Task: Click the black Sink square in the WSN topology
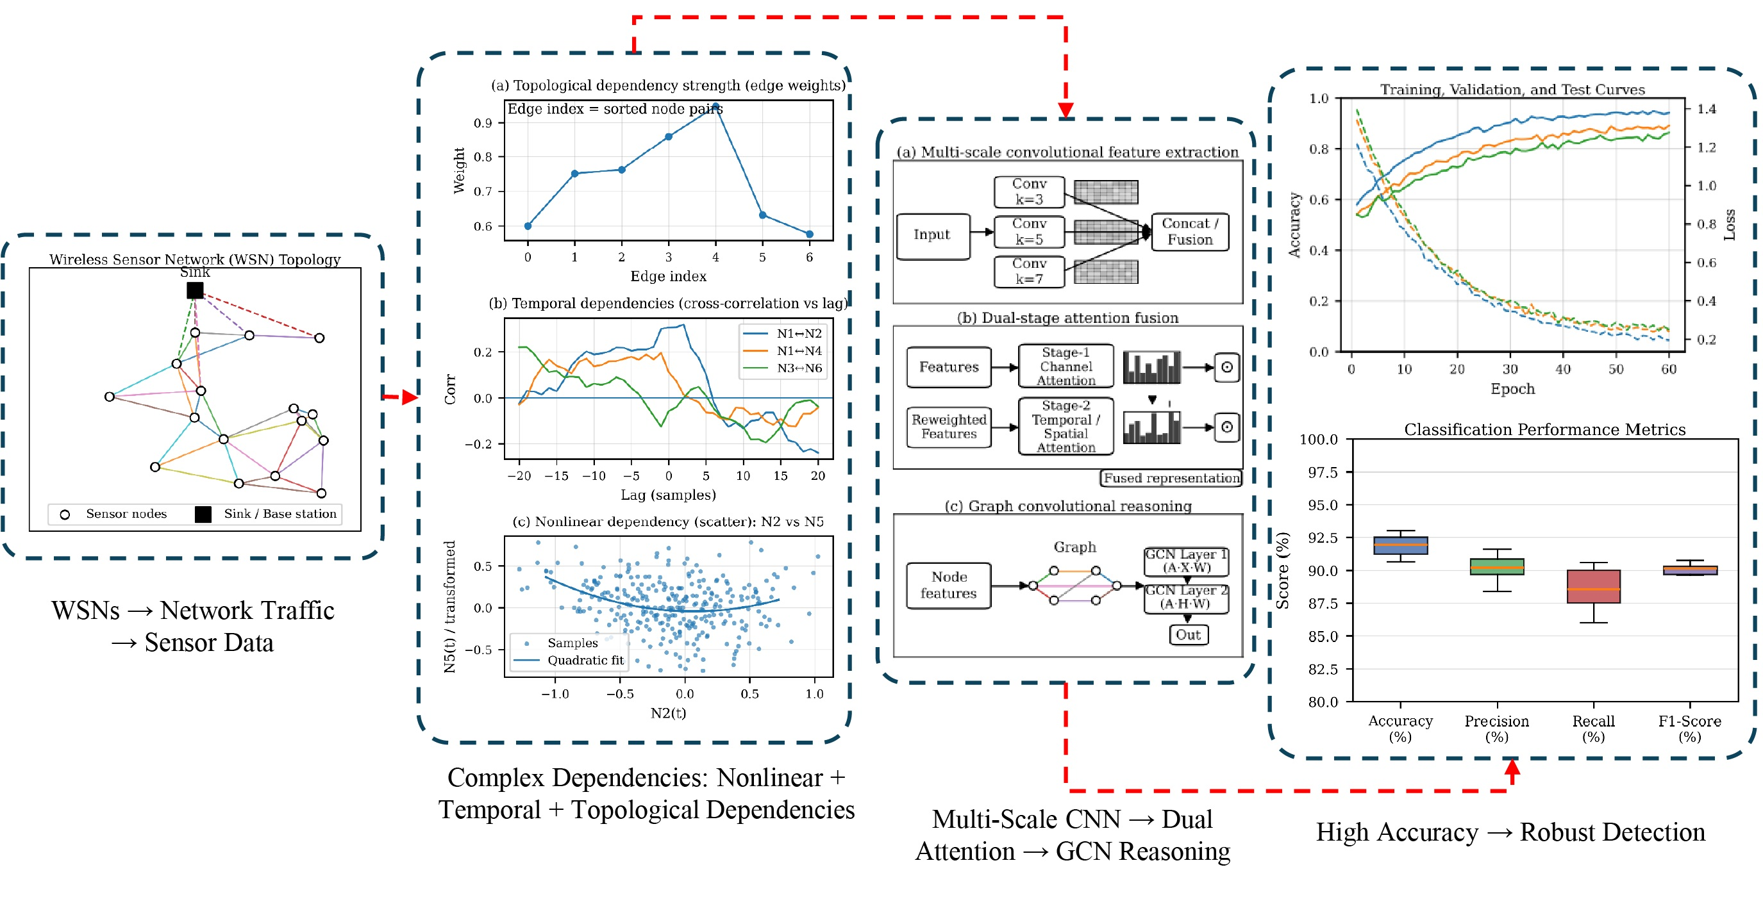coord(195,291)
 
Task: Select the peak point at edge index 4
coord(715,108)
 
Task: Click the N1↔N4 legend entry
coord(783,351)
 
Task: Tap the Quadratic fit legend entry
coord(569,661)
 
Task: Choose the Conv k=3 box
coord(1029,192)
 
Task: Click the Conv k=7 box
coord(1029,272)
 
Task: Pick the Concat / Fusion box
coord(1189,232)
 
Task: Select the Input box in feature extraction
coord(932,235)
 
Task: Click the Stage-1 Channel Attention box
coord(1065,366)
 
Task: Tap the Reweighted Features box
coord(949,427)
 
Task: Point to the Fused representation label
coord(1171,478)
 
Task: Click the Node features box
coord(949,586)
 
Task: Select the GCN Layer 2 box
coord(1186,597)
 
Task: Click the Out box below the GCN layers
coord(1188,635)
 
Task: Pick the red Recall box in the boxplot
coord(1593,586)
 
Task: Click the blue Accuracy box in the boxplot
coord(1400,545)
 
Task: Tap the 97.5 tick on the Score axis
coord(1322,473)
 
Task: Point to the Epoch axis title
coord(1512,389)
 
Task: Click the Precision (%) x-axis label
coord(1497,728)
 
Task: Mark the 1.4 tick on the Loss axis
coord(1706,109)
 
